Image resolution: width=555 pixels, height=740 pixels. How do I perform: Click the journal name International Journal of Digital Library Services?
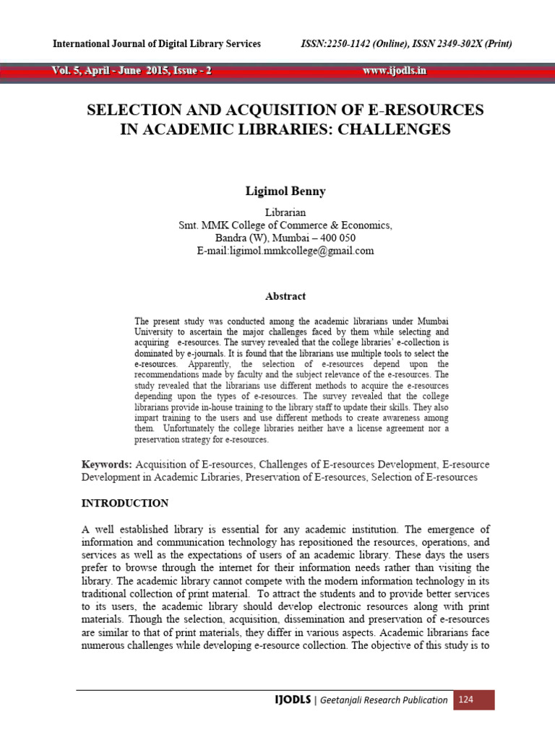[157, 44]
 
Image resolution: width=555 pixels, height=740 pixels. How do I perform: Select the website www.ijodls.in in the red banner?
[395, 71]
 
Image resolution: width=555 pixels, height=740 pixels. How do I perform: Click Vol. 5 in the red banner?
[66, 71]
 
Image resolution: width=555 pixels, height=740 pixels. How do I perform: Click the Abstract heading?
[285, 296]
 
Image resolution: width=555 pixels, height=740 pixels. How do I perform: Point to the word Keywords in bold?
[106, 465]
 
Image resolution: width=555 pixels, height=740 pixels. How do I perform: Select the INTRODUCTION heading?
[125, 503]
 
